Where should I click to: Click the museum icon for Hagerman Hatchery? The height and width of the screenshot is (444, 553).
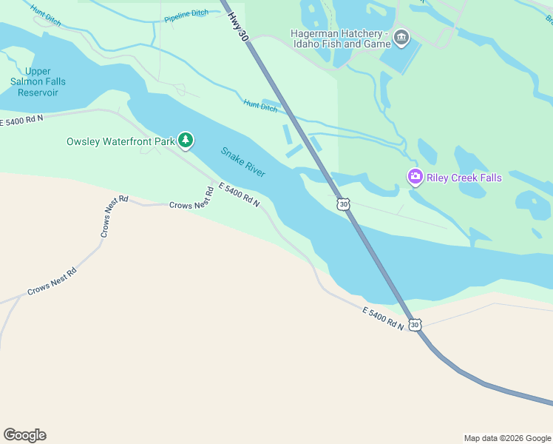pos(401,37)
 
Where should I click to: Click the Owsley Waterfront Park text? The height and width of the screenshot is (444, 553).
pos(121,141)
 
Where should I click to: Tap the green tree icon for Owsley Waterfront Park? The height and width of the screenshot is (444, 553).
pos(186,140)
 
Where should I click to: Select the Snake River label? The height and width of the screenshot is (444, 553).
pos(243,161)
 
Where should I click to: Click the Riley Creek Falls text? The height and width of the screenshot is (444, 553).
pos(464,177)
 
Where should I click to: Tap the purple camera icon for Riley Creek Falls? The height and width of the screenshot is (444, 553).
pos(415,176)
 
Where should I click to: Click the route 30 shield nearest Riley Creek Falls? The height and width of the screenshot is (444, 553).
pos(342,203)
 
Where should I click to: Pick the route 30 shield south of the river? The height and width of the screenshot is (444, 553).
pos(415,324)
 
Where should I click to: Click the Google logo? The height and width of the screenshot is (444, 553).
pos(24,435)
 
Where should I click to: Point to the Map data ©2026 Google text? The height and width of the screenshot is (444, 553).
pos(506,438)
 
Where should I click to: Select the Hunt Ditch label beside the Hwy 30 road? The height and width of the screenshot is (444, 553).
pos(260,106)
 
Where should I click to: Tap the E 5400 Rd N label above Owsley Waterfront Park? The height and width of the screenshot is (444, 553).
pos(22,119)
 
